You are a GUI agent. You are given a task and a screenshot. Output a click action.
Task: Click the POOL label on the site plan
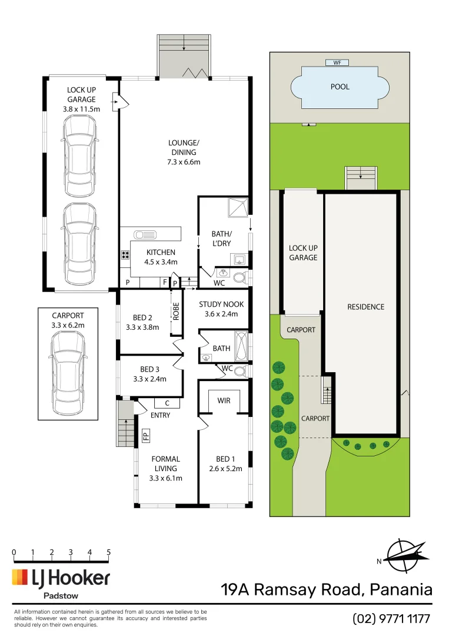click(340, 87)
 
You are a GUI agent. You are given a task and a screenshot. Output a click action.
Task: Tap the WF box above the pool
click(337, 62)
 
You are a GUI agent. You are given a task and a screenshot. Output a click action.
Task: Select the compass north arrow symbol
click(405, 555)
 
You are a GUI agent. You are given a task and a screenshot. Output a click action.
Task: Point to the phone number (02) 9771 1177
click(391, 618)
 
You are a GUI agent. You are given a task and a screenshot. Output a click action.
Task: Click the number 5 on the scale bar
click(108, 552)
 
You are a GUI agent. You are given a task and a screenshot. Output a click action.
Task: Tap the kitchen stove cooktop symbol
click(125, 256)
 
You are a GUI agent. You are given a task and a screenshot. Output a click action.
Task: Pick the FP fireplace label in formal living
click(145, 436)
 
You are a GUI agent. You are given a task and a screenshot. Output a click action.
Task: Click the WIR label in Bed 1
click(224, 400)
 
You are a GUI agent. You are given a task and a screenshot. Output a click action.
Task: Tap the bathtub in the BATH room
click(242, 347)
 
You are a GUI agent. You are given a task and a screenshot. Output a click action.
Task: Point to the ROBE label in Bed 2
click(175, 310)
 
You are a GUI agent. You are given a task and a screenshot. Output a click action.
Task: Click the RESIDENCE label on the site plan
click(365, 307)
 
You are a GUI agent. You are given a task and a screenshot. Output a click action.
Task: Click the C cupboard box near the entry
click(167, 403)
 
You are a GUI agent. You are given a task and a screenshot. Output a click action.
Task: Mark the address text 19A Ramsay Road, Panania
click(327, 589)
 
